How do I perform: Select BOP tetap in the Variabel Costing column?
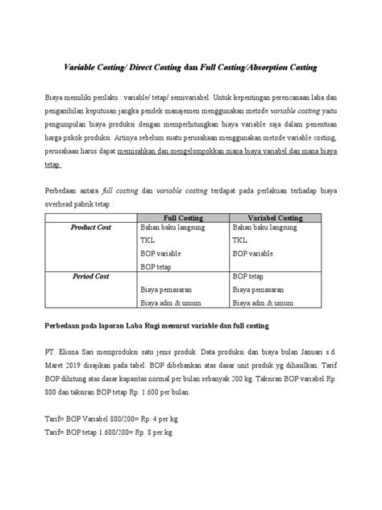click(x=251, y=276)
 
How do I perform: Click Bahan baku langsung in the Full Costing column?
click(x=172, y=228)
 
